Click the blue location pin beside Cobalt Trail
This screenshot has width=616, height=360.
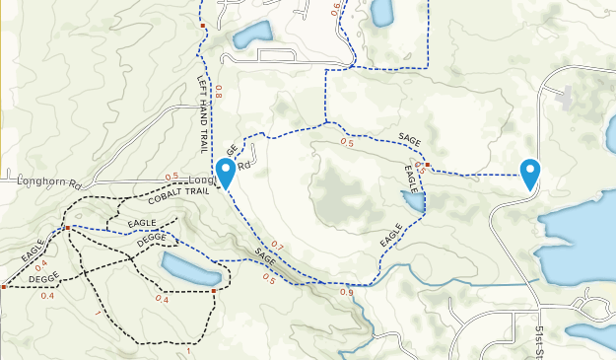(x=226, y=172)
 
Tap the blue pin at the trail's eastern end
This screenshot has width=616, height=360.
(x=531, y=173)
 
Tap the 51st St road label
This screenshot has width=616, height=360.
(x=542, y=339)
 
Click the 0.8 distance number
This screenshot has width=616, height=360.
(x=219, y=92)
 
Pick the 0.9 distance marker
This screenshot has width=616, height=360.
(x=346, y=292)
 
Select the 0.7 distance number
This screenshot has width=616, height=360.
(x=277, y=246)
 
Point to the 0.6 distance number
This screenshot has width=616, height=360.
(x=335, y=9)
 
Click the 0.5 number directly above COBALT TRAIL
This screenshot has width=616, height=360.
(x=172, y=178)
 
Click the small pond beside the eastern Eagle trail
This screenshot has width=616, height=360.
(x=413, y=203)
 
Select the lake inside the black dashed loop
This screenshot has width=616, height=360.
(x=189, y=268)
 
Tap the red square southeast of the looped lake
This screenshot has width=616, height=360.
(x=214, y=291)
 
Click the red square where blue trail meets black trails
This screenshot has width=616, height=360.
(x=66, y=228)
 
